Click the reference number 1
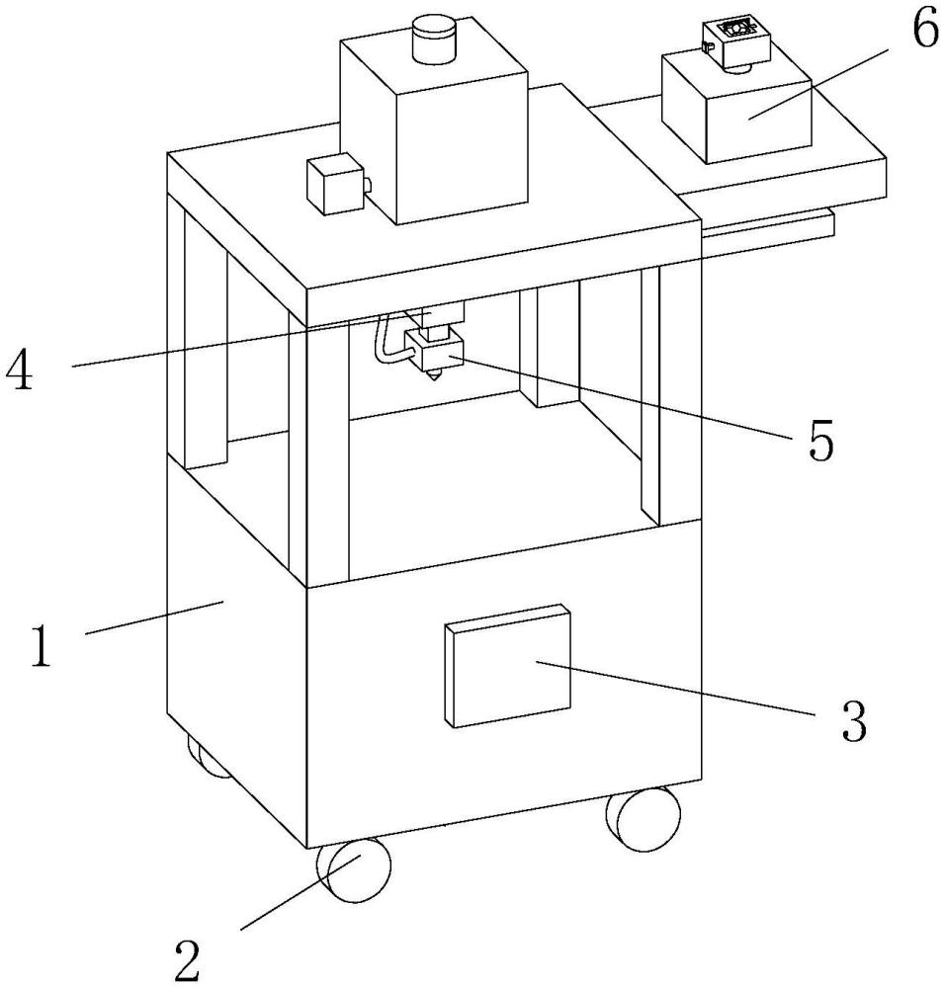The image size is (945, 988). pyautogui.click(x=41, y=646)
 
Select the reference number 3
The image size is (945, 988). pyautogui.click(x=854, y=721)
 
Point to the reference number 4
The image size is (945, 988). pyautogui.click(x=19, y=370)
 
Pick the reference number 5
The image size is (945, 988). pyautogui.click(x=820, y=440)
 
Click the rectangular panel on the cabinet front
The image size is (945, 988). pyautogui.click(x=507, y=666)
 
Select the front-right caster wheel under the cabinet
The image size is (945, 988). pyautogui.click(x=644, y=819)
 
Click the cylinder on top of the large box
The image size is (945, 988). pyautogui.click(x=434, y=40)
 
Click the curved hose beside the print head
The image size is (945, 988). pyautogui.click(x=386, y=345)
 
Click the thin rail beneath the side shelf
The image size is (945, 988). pyautogui.click(x=768, y=225)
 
